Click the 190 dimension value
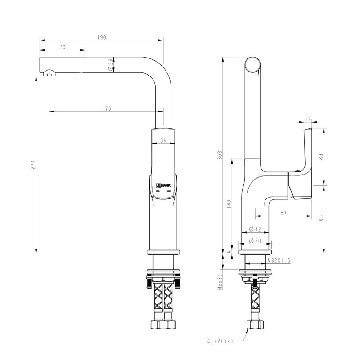point(101,37)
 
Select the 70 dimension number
point(63,47)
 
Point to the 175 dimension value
point(107,108)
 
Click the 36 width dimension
point(163,141)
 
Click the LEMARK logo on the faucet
point(164,185)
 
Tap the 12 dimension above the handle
point(308,119)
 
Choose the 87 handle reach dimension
point(283,214)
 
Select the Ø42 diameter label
point(255,229)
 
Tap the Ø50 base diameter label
point(255,242)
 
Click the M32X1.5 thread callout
point(279,261)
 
